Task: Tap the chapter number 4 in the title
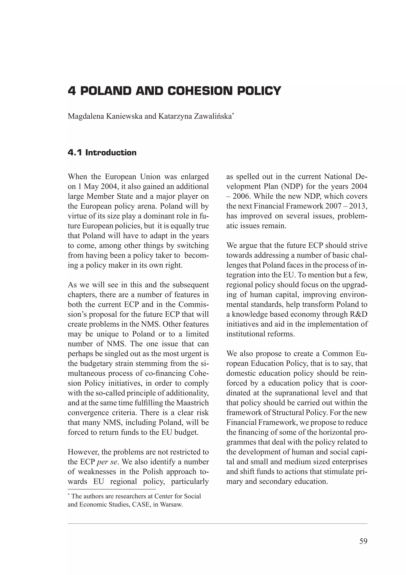coord(72,91)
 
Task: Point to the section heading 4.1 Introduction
coord(102,153)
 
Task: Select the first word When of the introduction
coord(77,177)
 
